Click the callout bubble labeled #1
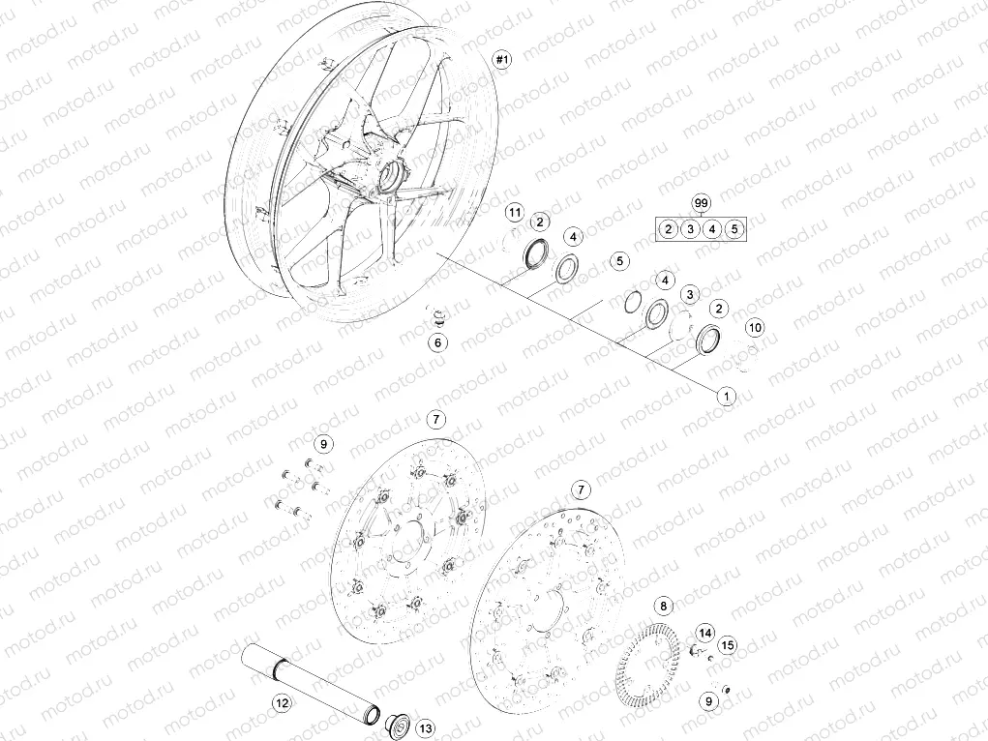point(501,60)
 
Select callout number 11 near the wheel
point(515,212)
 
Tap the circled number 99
point(702,202)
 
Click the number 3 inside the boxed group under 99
point(690,229)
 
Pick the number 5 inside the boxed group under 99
point(734,229)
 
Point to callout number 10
point(756,328)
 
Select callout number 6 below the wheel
point(439,342)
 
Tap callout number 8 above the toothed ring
point(663,607)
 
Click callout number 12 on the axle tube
point(282,703)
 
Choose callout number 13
point(427,728)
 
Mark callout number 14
point(704,633)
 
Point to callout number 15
point(728,644)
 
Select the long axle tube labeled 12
point(305,677)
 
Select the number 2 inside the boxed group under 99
point(668,229)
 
